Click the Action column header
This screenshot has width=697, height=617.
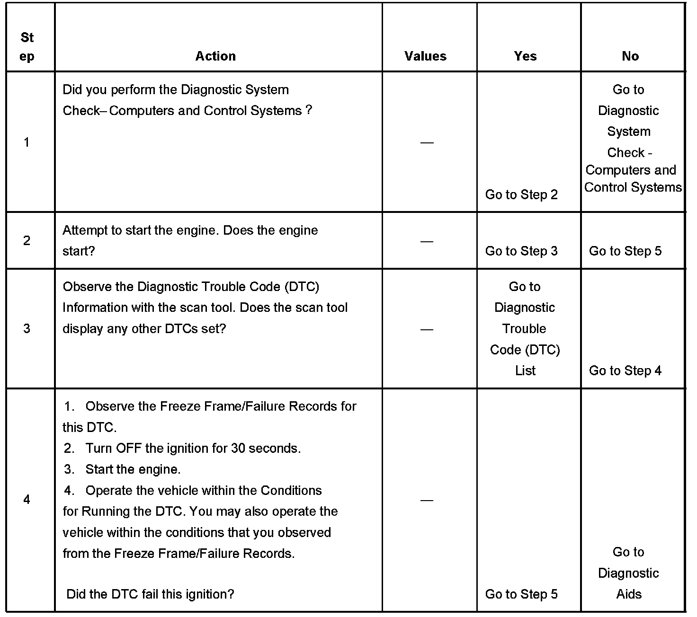[x=215, y=56]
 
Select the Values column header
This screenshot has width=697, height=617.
[x=425, y=56]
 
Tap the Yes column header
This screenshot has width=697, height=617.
[x=525, y=56]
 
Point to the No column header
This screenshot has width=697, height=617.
[x=630, y=56]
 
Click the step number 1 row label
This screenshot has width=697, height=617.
[x=27, y=142]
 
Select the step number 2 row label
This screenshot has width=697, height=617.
[x=27, y=240]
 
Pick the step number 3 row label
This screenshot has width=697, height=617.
[x=27, y=328]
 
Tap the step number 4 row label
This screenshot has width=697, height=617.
[x=27, y=499]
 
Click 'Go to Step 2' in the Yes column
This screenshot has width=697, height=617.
[x=521, y=194]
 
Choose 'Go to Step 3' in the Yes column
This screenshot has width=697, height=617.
[x=521, y=251]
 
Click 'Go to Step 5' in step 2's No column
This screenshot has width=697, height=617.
[x=625, y=251]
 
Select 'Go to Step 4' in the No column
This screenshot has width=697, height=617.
[x=625, y=370]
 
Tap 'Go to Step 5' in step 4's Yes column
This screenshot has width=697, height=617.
[x=521, y=594]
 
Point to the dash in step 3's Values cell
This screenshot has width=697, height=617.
[x=427, y=329]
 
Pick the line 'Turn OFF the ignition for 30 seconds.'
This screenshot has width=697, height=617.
[x=193, y=448]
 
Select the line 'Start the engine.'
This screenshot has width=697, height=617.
[x=133, y=469]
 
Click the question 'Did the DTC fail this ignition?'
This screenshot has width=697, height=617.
[x=151, y=594]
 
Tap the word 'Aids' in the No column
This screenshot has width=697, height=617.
[x=629, y=594]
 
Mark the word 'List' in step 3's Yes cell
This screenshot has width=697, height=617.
[x=525, y=370]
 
